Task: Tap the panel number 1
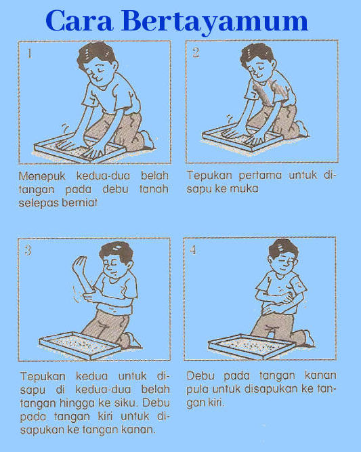click(28, 53)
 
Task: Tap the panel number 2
click(196, 53)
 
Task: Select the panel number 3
click(28, 251)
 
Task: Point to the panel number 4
click(194, 250)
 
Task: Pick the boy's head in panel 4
click(283, 253)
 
